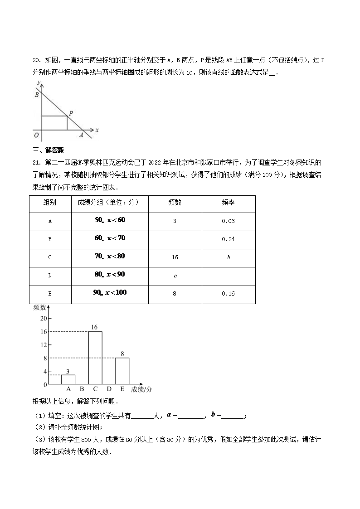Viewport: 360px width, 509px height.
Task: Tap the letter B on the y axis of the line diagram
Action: point(36,95)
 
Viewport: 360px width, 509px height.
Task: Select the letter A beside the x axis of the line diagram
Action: point(82,135)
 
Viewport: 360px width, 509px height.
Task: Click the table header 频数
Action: point(175,203)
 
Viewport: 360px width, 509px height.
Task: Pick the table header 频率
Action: point(228,203)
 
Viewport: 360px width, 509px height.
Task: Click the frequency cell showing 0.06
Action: point(228,221)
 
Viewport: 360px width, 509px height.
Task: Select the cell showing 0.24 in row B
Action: point(228,239)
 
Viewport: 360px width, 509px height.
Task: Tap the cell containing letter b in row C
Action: point(228,257)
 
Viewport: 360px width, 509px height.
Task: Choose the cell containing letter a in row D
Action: point(175,276)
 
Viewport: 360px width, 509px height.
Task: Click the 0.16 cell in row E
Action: point(228,294)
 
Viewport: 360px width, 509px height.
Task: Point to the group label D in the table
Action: point(50,276)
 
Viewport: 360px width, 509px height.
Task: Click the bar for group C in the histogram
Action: point(95,358)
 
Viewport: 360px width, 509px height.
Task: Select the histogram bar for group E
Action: point(122,371)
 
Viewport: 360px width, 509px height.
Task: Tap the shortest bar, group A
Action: point(68,379)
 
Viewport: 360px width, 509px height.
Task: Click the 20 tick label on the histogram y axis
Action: point(44,318)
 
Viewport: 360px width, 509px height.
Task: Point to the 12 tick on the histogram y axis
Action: point(44,345)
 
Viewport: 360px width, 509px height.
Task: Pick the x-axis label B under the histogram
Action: point(82,389)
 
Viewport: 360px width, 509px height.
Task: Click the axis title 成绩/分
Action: point(141,389)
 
